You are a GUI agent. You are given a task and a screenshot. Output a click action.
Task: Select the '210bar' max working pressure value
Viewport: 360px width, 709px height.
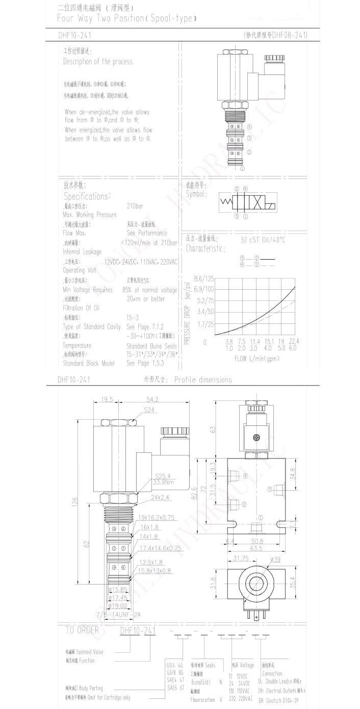(135, 206)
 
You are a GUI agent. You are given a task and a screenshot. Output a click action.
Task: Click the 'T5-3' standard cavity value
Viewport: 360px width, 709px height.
(133, 317)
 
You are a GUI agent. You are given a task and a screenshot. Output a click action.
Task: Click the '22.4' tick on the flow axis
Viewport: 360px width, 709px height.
(293, 341)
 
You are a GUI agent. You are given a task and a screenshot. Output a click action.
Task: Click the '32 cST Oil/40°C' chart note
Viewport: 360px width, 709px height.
(263, 239)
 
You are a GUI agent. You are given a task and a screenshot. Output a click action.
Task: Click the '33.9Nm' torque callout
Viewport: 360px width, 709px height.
(164, 482)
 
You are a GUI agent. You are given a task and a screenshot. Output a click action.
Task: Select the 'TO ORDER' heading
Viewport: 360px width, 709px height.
(82, 630)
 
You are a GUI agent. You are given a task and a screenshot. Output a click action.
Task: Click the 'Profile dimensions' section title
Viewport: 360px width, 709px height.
(202, 379)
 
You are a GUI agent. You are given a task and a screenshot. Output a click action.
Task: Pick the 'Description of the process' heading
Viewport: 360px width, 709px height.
(97, 61)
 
